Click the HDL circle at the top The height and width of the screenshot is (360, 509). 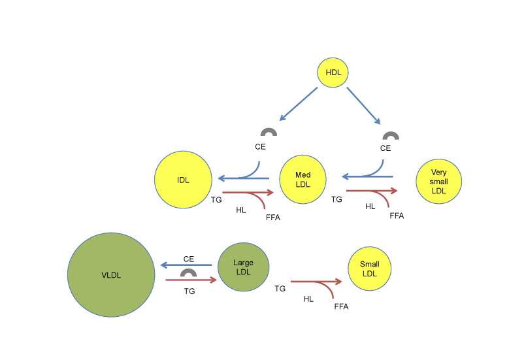point(333,73)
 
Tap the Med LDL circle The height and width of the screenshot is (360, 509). point(303,180)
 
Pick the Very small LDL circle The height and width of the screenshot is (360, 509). point(439,181)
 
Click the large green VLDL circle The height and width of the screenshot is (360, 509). point(110,274)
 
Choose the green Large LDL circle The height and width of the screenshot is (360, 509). point(243,267)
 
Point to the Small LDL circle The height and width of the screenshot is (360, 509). point(369,268)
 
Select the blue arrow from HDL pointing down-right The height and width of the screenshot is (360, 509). point(364,105)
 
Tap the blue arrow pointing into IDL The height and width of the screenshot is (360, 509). point(242,178)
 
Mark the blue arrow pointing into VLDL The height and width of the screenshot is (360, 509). point(187,265)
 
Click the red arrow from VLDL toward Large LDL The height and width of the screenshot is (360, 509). point(190,280)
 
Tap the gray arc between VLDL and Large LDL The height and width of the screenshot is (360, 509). point(189,272)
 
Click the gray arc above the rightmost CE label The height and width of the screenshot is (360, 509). point(391,136)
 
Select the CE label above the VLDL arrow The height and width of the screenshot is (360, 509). point(189,259)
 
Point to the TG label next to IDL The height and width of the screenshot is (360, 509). point(217,199)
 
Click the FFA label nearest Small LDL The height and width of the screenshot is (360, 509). point(341,306)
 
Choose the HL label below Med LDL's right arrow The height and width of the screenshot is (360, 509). point(370,206)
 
